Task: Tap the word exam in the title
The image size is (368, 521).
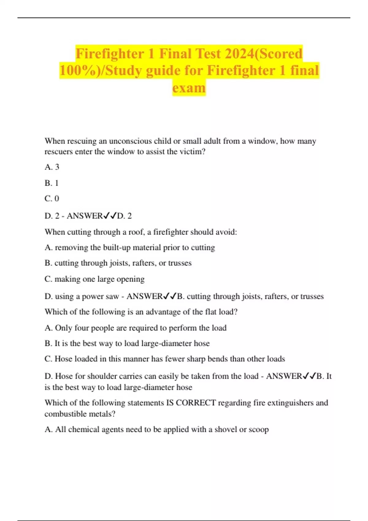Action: click(x=189, y=88)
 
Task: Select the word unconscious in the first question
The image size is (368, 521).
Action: click(x=130, y=141)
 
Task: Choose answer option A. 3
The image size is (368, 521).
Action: click(x=52, y=167)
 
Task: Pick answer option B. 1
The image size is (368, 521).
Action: click(x=52, y=183)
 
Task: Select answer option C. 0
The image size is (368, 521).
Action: click(x=52, y=199)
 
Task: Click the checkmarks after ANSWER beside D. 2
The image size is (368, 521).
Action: click(x=110, y=216)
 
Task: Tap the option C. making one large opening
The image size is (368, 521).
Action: click(x=94, y=279)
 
